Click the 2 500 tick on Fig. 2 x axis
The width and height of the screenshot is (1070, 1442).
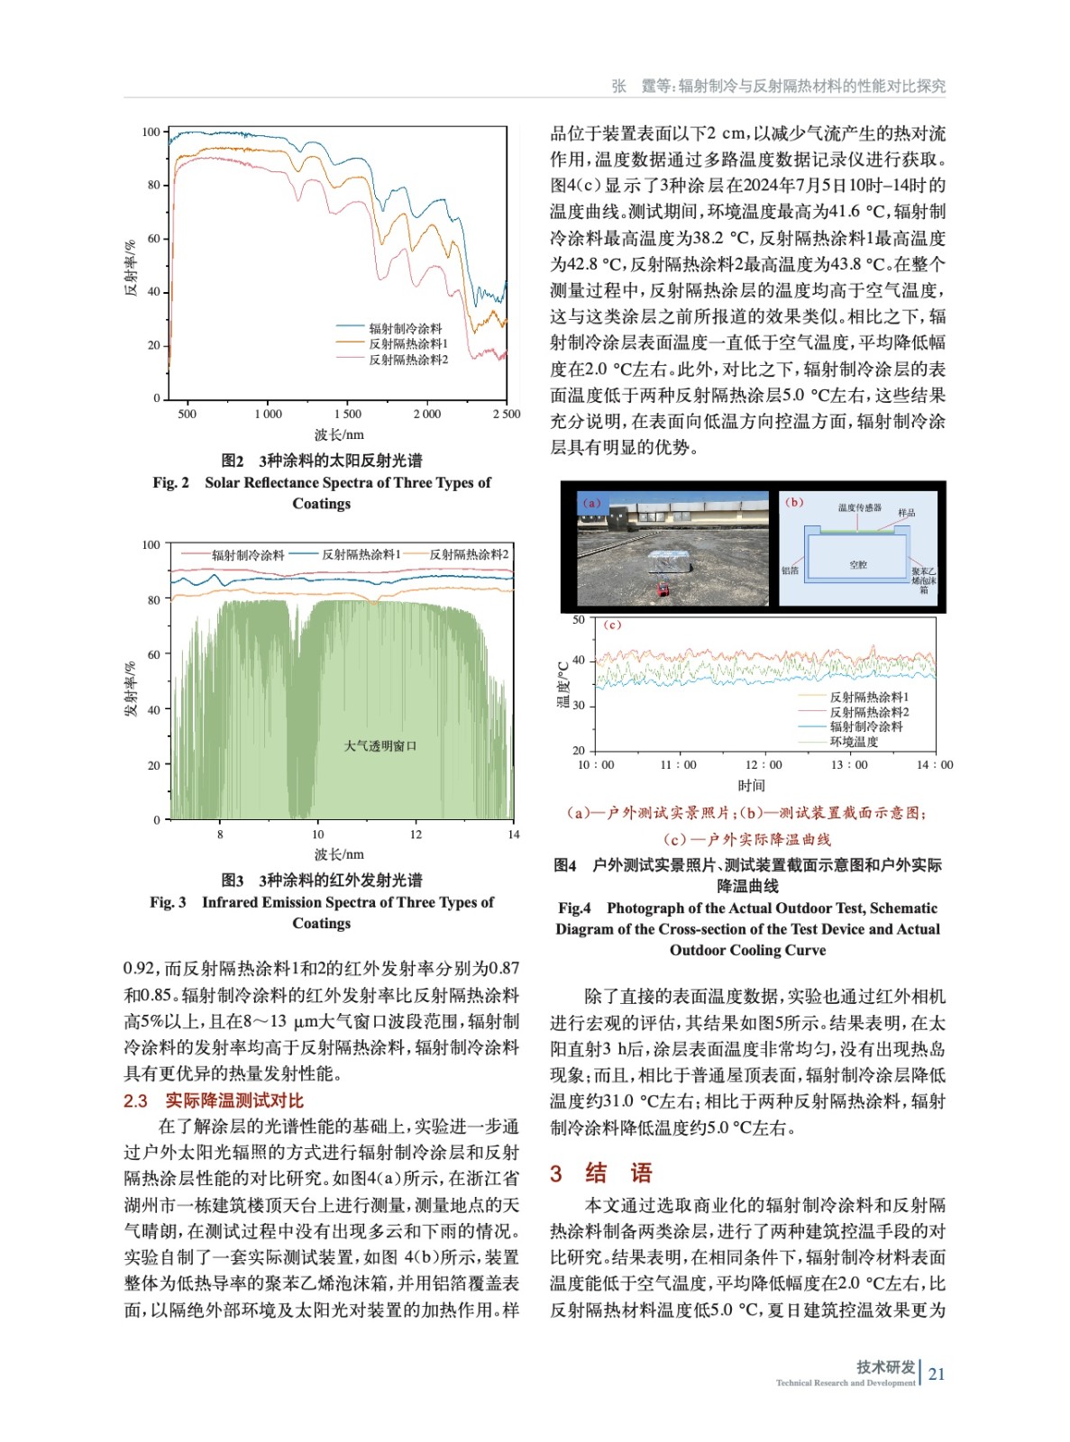(506, 414)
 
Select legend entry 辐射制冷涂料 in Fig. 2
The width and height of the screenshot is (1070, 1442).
(405, 328)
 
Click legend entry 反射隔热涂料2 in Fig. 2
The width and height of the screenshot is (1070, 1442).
(407, 360)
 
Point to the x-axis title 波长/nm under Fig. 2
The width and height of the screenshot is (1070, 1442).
(339, 434)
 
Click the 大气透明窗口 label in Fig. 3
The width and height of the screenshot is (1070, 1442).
(380, 745)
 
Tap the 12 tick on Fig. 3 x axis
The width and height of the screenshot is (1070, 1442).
(416, 835)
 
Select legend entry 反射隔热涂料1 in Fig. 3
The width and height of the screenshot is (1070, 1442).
(361, 554)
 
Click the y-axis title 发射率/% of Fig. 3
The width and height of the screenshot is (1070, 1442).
(131, 689)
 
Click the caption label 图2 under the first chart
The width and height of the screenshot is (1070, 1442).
(232, 461)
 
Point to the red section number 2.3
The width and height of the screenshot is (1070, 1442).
(135, 1100)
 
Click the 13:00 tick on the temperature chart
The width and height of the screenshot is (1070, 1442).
(849, 765)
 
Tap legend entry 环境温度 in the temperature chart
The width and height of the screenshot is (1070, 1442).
(854, 742)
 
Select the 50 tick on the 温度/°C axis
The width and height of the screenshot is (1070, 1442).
(579, 620)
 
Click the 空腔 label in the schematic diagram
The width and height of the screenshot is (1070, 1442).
(858, 564)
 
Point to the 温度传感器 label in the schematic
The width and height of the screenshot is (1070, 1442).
(860, 507)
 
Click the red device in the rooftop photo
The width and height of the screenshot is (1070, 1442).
(663, 590)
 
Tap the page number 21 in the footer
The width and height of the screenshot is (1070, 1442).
(937, 1374)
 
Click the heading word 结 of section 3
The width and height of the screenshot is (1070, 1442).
(596, 1173)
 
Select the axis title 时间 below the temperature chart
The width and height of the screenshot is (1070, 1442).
(751, 786)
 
